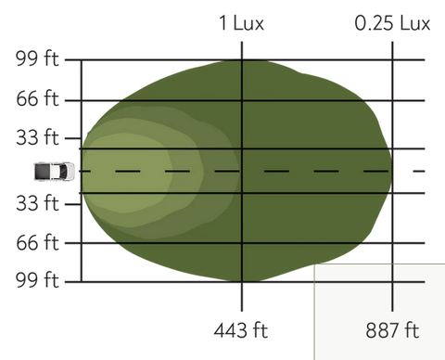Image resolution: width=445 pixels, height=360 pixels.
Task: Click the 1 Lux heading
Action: click(241, 23)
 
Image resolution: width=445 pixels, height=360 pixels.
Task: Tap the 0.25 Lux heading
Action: click(392, 23)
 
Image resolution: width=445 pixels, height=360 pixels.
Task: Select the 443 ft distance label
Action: click(241, 330)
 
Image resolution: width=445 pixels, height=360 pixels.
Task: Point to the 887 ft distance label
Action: click(392, 330)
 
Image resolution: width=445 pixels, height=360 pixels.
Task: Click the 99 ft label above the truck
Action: click(37, 58)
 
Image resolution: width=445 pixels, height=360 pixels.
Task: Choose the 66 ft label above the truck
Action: click(37, 99)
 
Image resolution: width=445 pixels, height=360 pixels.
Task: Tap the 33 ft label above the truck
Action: click(37, 137)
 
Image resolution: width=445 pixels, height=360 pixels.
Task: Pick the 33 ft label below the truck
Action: click(37, 203)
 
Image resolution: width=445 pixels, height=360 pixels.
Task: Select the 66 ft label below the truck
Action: click(37, 242)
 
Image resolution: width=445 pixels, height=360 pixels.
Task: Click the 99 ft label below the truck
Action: click(37, 280)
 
